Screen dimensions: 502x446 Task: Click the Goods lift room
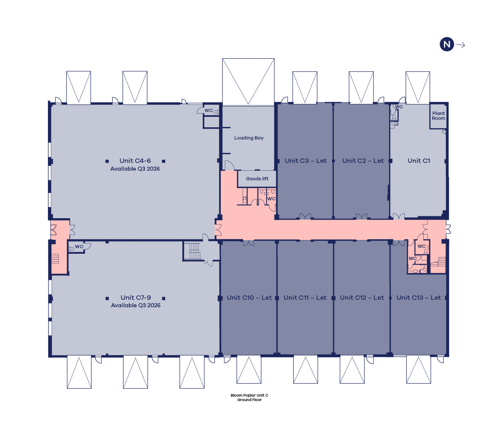click(x=257, y=178)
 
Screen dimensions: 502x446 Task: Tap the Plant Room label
click(x=438, y=116)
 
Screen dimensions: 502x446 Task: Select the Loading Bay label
click(x=249, y=138)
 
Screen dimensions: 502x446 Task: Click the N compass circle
click(x=447, y=44)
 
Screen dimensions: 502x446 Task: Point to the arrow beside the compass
click(x=461, y=45)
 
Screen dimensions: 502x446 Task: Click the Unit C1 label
click(x=419, y=161)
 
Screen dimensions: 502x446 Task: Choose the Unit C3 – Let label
click(x=306, y=161)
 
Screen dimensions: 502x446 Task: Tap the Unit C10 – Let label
click(x=249, y=298)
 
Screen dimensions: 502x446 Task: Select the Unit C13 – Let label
click(x=418, y=298)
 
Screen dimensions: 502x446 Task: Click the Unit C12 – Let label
click(x=362, y=298)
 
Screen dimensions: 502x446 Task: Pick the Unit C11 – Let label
click(x=305, y=298)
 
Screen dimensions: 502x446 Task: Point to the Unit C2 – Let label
click(x=363, y=161)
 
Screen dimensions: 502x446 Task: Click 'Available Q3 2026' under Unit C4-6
click(x=135, y=169)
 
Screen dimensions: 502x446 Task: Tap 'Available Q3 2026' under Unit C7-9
click(x=136, y=305)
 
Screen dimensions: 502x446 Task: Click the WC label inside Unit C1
click(x=399, y=107)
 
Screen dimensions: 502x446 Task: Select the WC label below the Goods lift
click(x=271, y=199)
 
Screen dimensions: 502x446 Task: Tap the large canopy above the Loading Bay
click(x=248, y=82)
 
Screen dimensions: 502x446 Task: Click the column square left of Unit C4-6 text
click(x=107, y=161)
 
